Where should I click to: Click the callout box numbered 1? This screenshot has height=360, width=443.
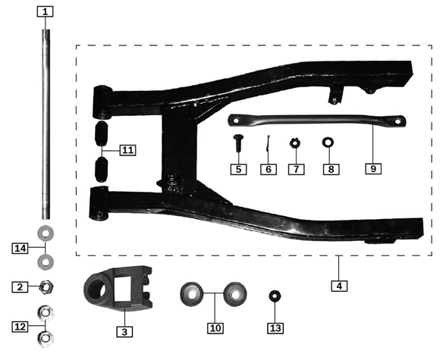point(46,11)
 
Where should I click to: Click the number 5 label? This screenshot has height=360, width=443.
point(239,169)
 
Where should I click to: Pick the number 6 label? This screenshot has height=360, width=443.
point(269,169)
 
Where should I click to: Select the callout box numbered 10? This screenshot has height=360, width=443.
point(329,169)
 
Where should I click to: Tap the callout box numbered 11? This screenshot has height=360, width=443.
point(373,169)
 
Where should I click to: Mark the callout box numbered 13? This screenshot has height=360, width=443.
point(127,150)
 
